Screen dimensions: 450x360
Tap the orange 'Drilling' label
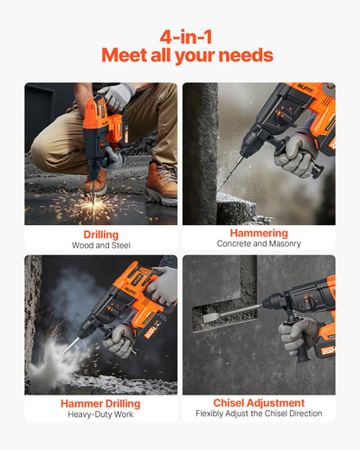[100, 235]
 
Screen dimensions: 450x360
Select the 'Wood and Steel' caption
[100, 246]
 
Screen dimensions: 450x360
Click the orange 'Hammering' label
[259, 234]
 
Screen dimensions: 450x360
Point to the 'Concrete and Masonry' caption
[259, 245]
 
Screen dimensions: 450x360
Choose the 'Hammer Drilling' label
[100, 403]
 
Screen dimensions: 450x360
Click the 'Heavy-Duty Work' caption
[100, 415]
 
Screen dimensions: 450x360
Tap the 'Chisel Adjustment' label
[259, 402]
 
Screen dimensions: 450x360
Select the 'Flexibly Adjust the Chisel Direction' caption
[259, 414]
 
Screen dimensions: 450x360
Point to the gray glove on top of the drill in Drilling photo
[116, 95]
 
